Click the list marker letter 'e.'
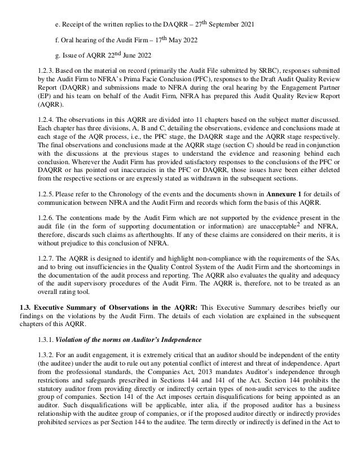(57, 11)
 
